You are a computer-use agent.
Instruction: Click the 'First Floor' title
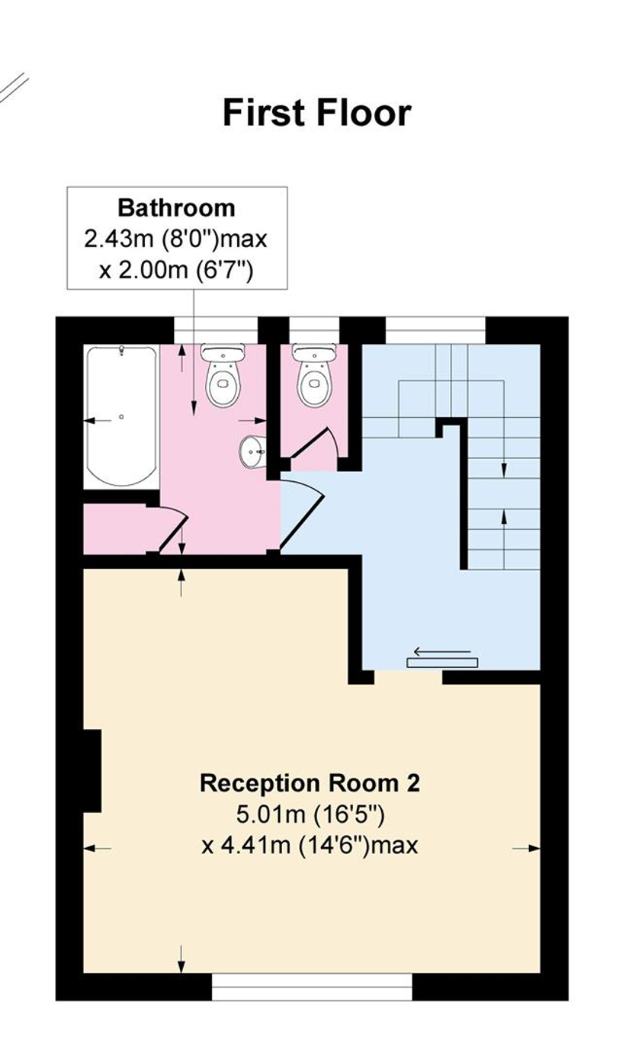coord(317,113)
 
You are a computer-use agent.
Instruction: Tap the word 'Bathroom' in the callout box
coord(176,208)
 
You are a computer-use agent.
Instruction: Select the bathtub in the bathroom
coord(122,416)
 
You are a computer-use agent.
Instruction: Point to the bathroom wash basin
coord(252,452)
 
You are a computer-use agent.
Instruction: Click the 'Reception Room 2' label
coord(310,783)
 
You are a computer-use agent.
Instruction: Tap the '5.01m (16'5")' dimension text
coord(310,814)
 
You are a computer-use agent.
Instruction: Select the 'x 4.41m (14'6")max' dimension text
coord(310,846)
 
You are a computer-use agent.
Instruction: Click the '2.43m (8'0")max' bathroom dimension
coord(176,239)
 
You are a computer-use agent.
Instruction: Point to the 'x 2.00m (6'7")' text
coord(176,271)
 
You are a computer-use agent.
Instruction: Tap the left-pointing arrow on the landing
coord(442,651)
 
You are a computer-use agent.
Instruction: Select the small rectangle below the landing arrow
coord(442,663)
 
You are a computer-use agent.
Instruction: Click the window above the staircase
coord(435,330)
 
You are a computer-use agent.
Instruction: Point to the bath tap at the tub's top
coord(122,351)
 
